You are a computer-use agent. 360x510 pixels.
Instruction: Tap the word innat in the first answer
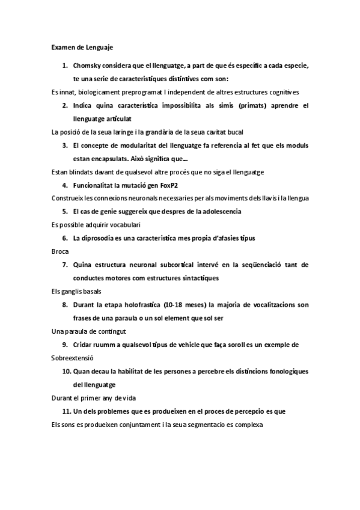click(69, 92)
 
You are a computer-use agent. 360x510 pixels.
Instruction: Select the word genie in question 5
click(117, 211)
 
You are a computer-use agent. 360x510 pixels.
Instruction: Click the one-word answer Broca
click(61, 251)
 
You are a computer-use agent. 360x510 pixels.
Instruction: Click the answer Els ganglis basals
click(76, 291)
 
